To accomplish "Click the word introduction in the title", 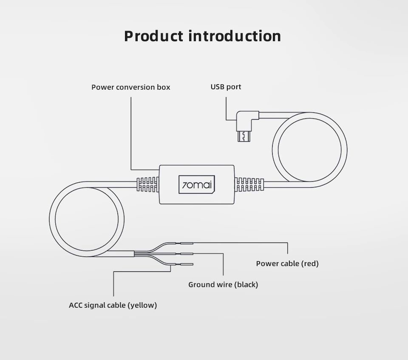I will tap(234, 36).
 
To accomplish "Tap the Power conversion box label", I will tap(131, 87).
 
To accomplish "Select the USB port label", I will tap(226, 87).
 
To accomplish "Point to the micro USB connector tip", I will tap(243, 137).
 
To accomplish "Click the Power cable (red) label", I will tap(287, 264).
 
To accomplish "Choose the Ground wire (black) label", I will tap(223, 284).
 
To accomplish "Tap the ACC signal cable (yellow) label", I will tap(113, 305).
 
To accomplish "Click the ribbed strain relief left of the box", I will tap(148, 184).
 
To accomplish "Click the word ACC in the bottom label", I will tap(77, 305).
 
